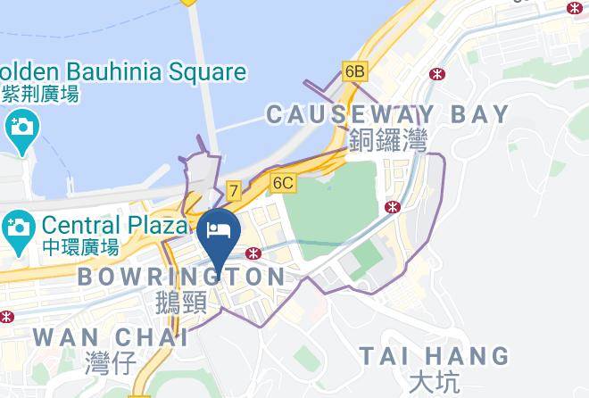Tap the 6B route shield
[354, 70]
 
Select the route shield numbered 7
[233, 190]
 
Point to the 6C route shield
[283, 183]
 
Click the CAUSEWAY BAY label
[387, 114]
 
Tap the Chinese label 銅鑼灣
[388, 140]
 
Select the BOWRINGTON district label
[182, 278]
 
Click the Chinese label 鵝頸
[181, 303]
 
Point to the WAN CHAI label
[111, 338]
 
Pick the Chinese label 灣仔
[110, 363]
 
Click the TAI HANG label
[435, 356]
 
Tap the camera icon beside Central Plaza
[18, 228]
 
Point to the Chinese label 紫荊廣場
[40, 92]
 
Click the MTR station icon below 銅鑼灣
[392, 207]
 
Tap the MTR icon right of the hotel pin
[256, 253]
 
